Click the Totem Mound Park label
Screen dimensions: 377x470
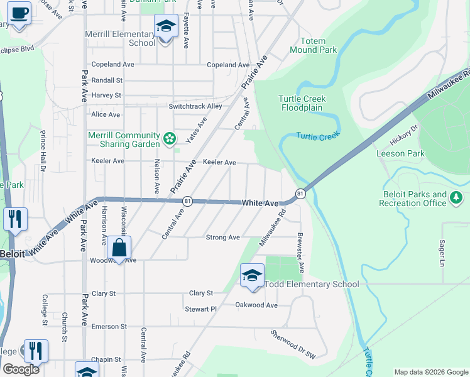coord(314,45)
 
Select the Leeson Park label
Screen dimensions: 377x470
coord(400,153)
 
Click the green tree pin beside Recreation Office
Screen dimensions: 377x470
coord(457,199)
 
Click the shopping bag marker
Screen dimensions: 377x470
coord(119,248)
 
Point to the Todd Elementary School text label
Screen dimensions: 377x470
coord(312,284)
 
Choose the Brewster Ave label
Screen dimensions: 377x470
coord(300,254)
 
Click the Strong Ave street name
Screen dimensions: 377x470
coord(223,238)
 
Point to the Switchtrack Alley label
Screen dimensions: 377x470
coord(195,106)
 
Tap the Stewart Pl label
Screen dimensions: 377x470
coord(200,309)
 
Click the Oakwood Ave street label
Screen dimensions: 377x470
coord(256,305)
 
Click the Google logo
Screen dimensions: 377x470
coord(20,369)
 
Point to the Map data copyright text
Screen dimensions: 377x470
coord(430,372)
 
